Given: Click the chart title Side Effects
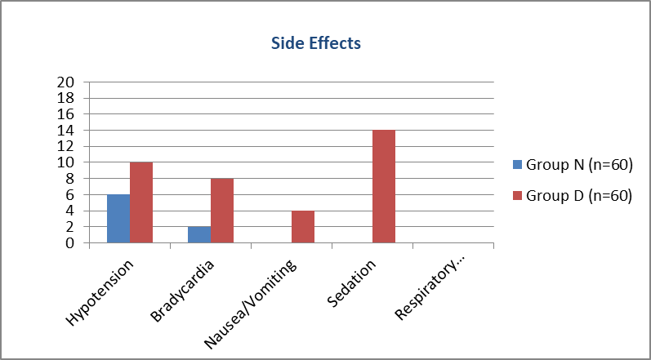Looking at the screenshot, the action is [x=316, y=43].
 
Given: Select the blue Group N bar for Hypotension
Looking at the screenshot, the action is [x=118, y=219].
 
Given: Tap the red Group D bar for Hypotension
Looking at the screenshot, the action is [x=141, y=202].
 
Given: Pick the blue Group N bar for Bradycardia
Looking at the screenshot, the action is [x=199, y=235].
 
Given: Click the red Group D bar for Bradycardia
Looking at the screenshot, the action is [x=222, y=211].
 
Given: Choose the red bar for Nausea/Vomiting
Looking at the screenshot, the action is [x=303, y=227].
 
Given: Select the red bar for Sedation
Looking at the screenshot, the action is [x=384, y=187].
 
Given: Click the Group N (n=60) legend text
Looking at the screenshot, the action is [x=579, y=165].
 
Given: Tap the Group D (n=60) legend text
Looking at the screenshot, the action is [x=579, y=196].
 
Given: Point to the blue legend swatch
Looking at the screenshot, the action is [x=517, y=165].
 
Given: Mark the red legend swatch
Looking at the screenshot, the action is [x=517, y=196].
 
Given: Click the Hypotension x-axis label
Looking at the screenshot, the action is [x=101, y=293].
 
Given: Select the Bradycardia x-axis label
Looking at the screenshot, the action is [x=184, y=291].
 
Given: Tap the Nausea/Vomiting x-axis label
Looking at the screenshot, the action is [x=251, y=304].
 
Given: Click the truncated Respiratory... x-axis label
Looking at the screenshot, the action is [x=430, y=289].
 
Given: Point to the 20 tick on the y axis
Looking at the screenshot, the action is [x=67, y=82].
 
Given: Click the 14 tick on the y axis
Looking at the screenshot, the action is [x=67, y=131].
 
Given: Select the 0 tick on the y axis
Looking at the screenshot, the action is [x=71, y=243].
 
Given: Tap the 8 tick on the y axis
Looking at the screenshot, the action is [x=71, y=178].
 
